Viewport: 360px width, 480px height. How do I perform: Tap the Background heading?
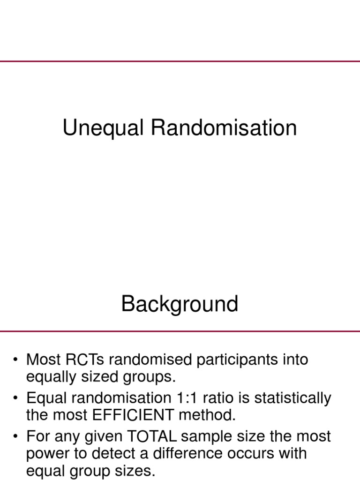coord(180,304)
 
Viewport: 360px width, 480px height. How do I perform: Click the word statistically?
coord(289,398)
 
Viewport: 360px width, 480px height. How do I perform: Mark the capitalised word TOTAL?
coord(150,437)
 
